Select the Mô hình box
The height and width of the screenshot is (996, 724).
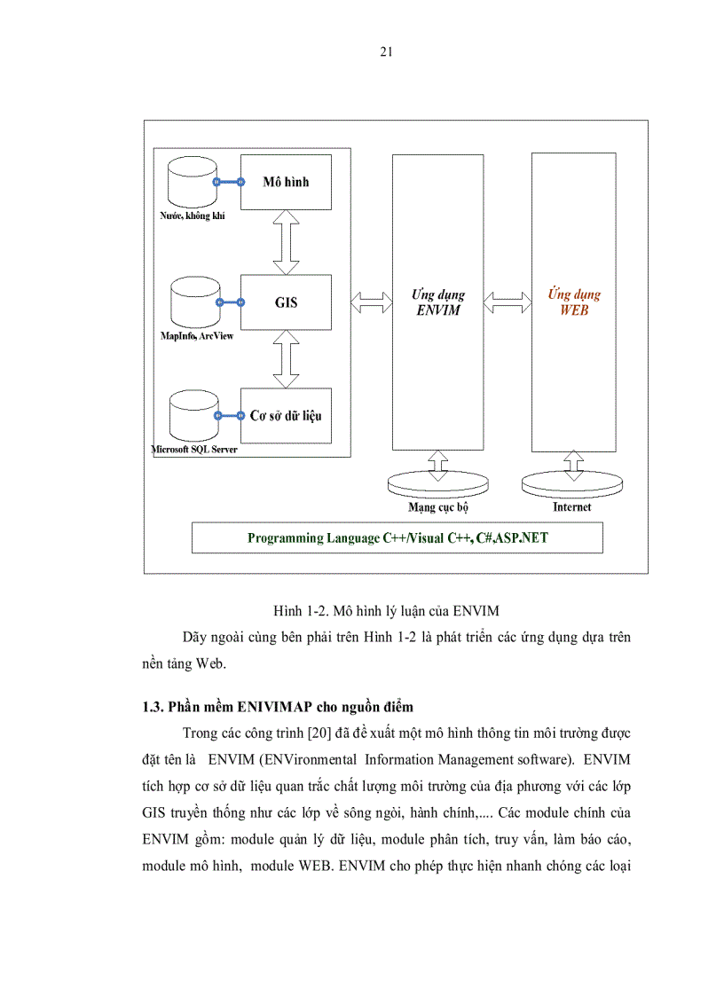(x=286, y=183)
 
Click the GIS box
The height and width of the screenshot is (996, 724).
(x=286, y=302)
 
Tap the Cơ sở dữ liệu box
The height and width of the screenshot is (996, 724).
(x=286, y=415)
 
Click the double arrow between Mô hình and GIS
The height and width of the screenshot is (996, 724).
(x=286, y=242)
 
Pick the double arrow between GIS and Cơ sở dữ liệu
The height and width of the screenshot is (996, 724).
(x=286, y=358)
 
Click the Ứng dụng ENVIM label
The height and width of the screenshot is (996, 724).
(x=438, y=302)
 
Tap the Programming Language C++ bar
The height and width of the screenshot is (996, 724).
(x=397, y=538)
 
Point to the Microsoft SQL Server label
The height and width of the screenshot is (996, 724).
(x=194, y=450)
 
